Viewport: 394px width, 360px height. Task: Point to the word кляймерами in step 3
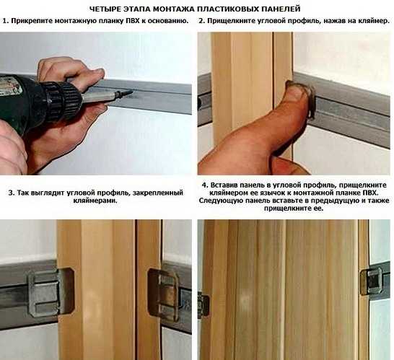[95, 201]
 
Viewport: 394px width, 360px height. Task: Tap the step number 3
[12, 193]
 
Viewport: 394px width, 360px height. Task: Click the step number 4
[205, 185]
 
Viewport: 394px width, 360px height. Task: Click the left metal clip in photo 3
[51, 292]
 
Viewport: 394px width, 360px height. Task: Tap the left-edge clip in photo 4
[203, 304]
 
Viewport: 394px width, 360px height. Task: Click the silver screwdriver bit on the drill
[103, 97]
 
